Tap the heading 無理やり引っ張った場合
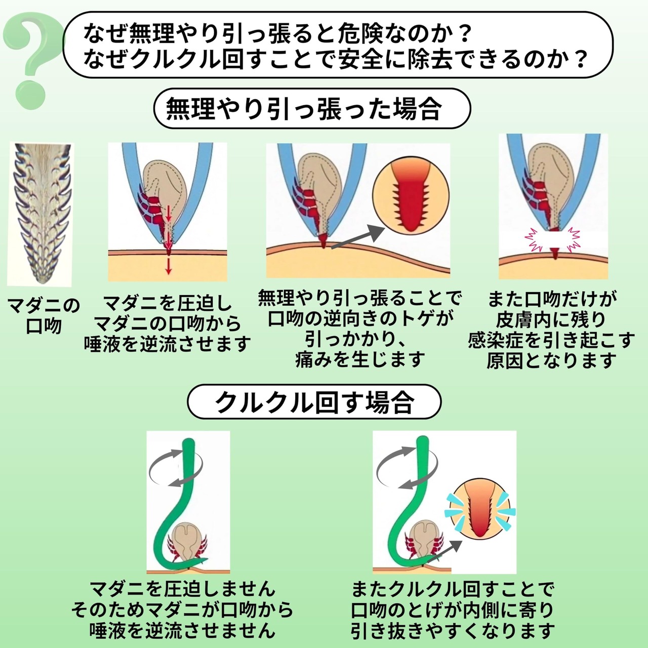pyautogui.click(x=304, y=108)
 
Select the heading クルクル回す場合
pyautogui.click(x=314, y=402)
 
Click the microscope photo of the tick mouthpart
pyautogui.click(x=40, y=213)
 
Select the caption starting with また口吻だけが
pyautogui.click(x=551, y=330)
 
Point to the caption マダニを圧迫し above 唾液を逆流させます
pyautogui.click(x=168, y=323)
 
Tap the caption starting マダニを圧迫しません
pyautogui.click(x=182, y=610)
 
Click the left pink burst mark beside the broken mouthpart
pyautogui.click(x=535, y=240)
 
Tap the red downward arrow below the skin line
pyautogui.click(x=169, y=266)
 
